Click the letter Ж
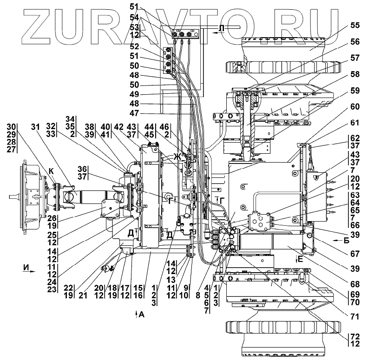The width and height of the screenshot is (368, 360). coord(177,157)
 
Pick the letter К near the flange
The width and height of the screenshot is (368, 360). coord(52,171)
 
